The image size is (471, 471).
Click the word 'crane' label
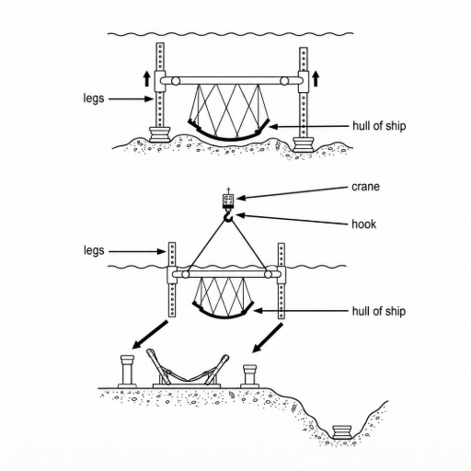365,187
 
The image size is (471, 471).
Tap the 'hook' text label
364,224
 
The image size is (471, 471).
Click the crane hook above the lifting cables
228,216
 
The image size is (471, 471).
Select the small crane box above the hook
228,201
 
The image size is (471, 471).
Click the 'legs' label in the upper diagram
94,98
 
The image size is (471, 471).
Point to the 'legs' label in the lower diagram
94,251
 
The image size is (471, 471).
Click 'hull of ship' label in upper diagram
379,126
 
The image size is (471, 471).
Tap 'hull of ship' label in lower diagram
379,311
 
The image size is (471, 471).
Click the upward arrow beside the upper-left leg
147,79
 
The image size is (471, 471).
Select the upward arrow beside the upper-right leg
316,79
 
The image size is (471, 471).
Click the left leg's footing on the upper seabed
159,134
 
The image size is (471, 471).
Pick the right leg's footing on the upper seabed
304,144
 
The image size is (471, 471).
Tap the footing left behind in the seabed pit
342,431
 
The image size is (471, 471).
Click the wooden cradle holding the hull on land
187,370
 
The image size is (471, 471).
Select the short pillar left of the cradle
127,371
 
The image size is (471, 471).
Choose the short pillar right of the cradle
249,375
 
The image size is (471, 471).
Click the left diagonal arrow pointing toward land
150,335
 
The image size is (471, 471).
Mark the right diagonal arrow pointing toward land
268,338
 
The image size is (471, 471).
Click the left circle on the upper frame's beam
176,81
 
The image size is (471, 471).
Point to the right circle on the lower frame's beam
269,274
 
